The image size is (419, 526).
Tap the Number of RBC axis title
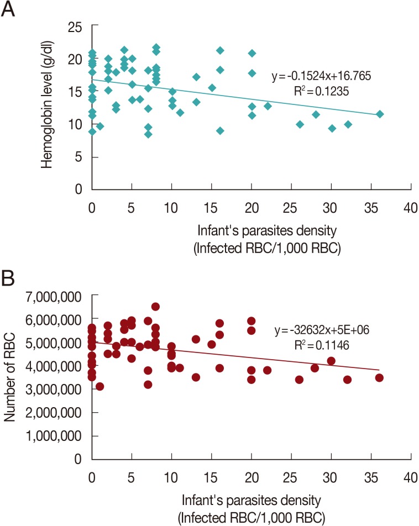pos(11,377)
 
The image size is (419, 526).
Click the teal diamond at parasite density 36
pos(379,114)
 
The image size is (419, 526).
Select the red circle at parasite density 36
pos(379,378)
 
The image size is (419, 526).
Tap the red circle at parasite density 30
pos(331,361)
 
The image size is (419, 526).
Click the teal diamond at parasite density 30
pos(332,128)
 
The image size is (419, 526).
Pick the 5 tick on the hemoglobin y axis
pos(79,157)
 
